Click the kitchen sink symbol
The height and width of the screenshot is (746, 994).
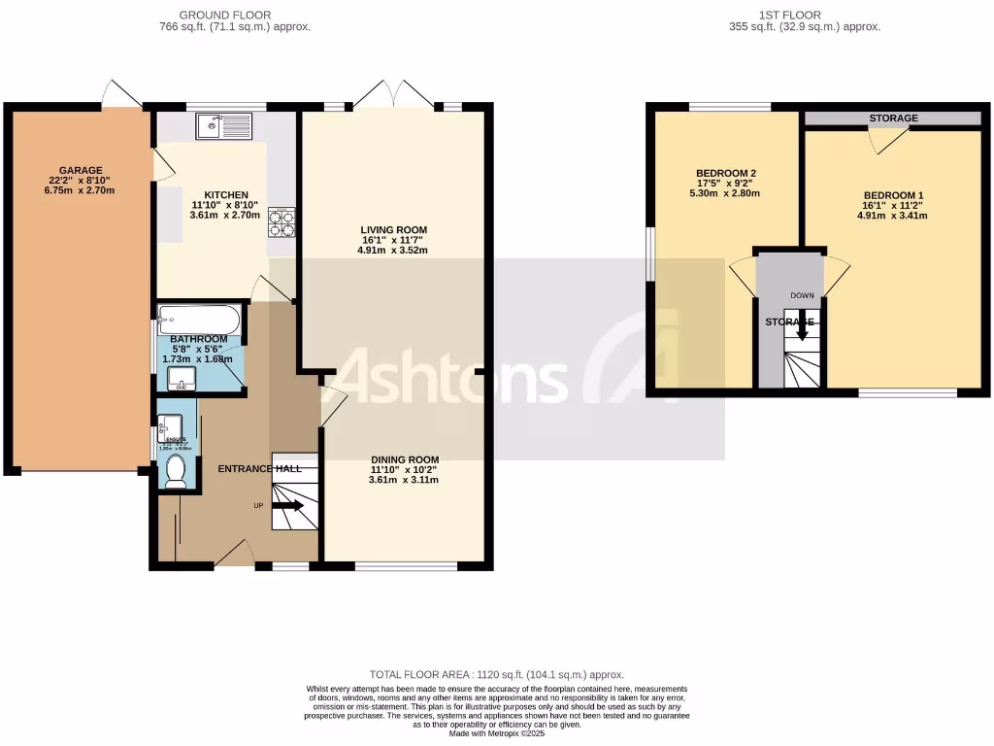click(x=222, y=126)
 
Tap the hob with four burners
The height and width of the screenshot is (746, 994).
click(x=282, y=223)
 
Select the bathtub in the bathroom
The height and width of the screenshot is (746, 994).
click(x=198, y=319)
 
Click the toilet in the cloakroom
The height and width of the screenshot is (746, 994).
click(x=176, y=471)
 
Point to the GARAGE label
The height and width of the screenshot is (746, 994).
click(x=79, y=170)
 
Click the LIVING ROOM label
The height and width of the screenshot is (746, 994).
click(x=392, y=230)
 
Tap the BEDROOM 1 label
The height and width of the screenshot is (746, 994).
click(x=893, y=195)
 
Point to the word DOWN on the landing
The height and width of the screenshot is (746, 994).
click(x=802, y=295)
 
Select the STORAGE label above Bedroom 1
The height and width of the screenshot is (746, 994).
click(x=893, y=119)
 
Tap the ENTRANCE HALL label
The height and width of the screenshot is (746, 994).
click(x=259, y=468)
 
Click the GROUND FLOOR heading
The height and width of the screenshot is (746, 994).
click(x=225, y=15)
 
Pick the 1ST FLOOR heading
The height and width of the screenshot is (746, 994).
click(x=788, y=15)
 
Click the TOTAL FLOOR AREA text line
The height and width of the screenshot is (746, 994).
click(x=496, y=674)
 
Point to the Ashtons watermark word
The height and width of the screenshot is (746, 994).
click(x=451, y=378)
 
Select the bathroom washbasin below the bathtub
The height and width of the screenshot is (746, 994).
click(x=180, y=378)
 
